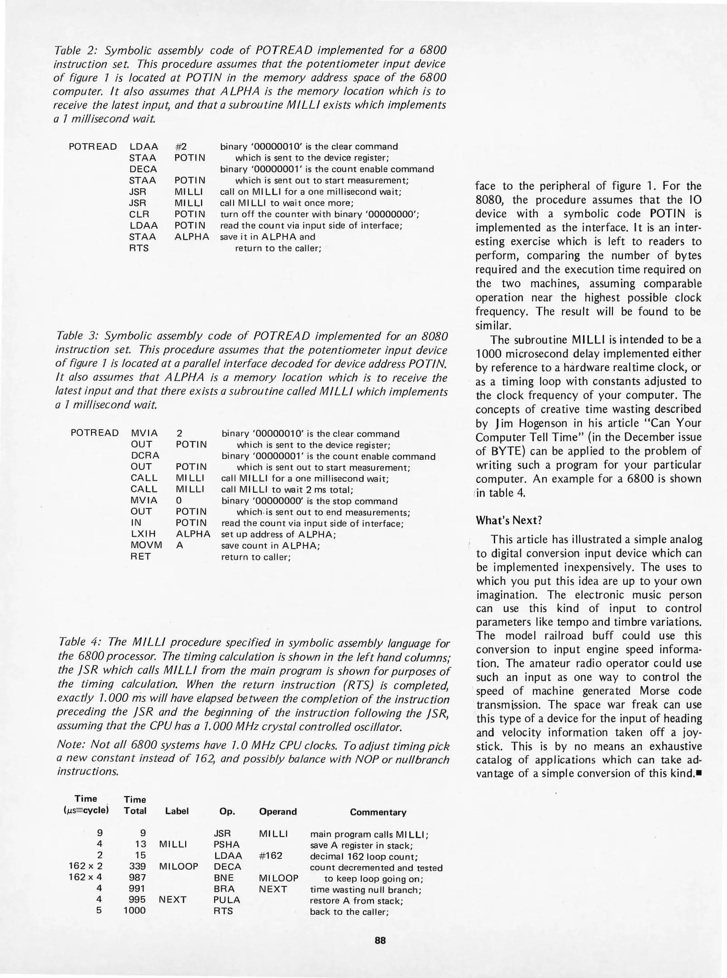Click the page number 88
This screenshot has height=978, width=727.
pos(380,940)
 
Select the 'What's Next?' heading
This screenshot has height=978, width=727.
pos(509,520)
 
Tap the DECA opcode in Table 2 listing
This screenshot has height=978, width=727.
pos(143,169)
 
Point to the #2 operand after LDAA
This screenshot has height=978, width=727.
pos(181,146)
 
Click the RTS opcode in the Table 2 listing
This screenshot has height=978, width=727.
pos(139,248)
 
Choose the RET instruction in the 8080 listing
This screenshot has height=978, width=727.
pos(140,556)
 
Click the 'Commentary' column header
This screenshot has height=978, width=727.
pos(378,812)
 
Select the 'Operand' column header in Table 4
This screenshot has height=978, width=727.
pos(277,811)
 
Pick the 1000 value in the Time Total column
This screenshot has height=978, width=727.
pos(135,910)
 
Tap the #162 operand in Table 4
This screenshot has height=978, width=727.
pos(270,855)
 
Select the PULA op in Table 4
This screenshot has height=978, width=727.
pos(227,900)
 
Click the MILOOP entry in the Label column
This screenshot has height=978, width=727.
pos(178,866)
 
